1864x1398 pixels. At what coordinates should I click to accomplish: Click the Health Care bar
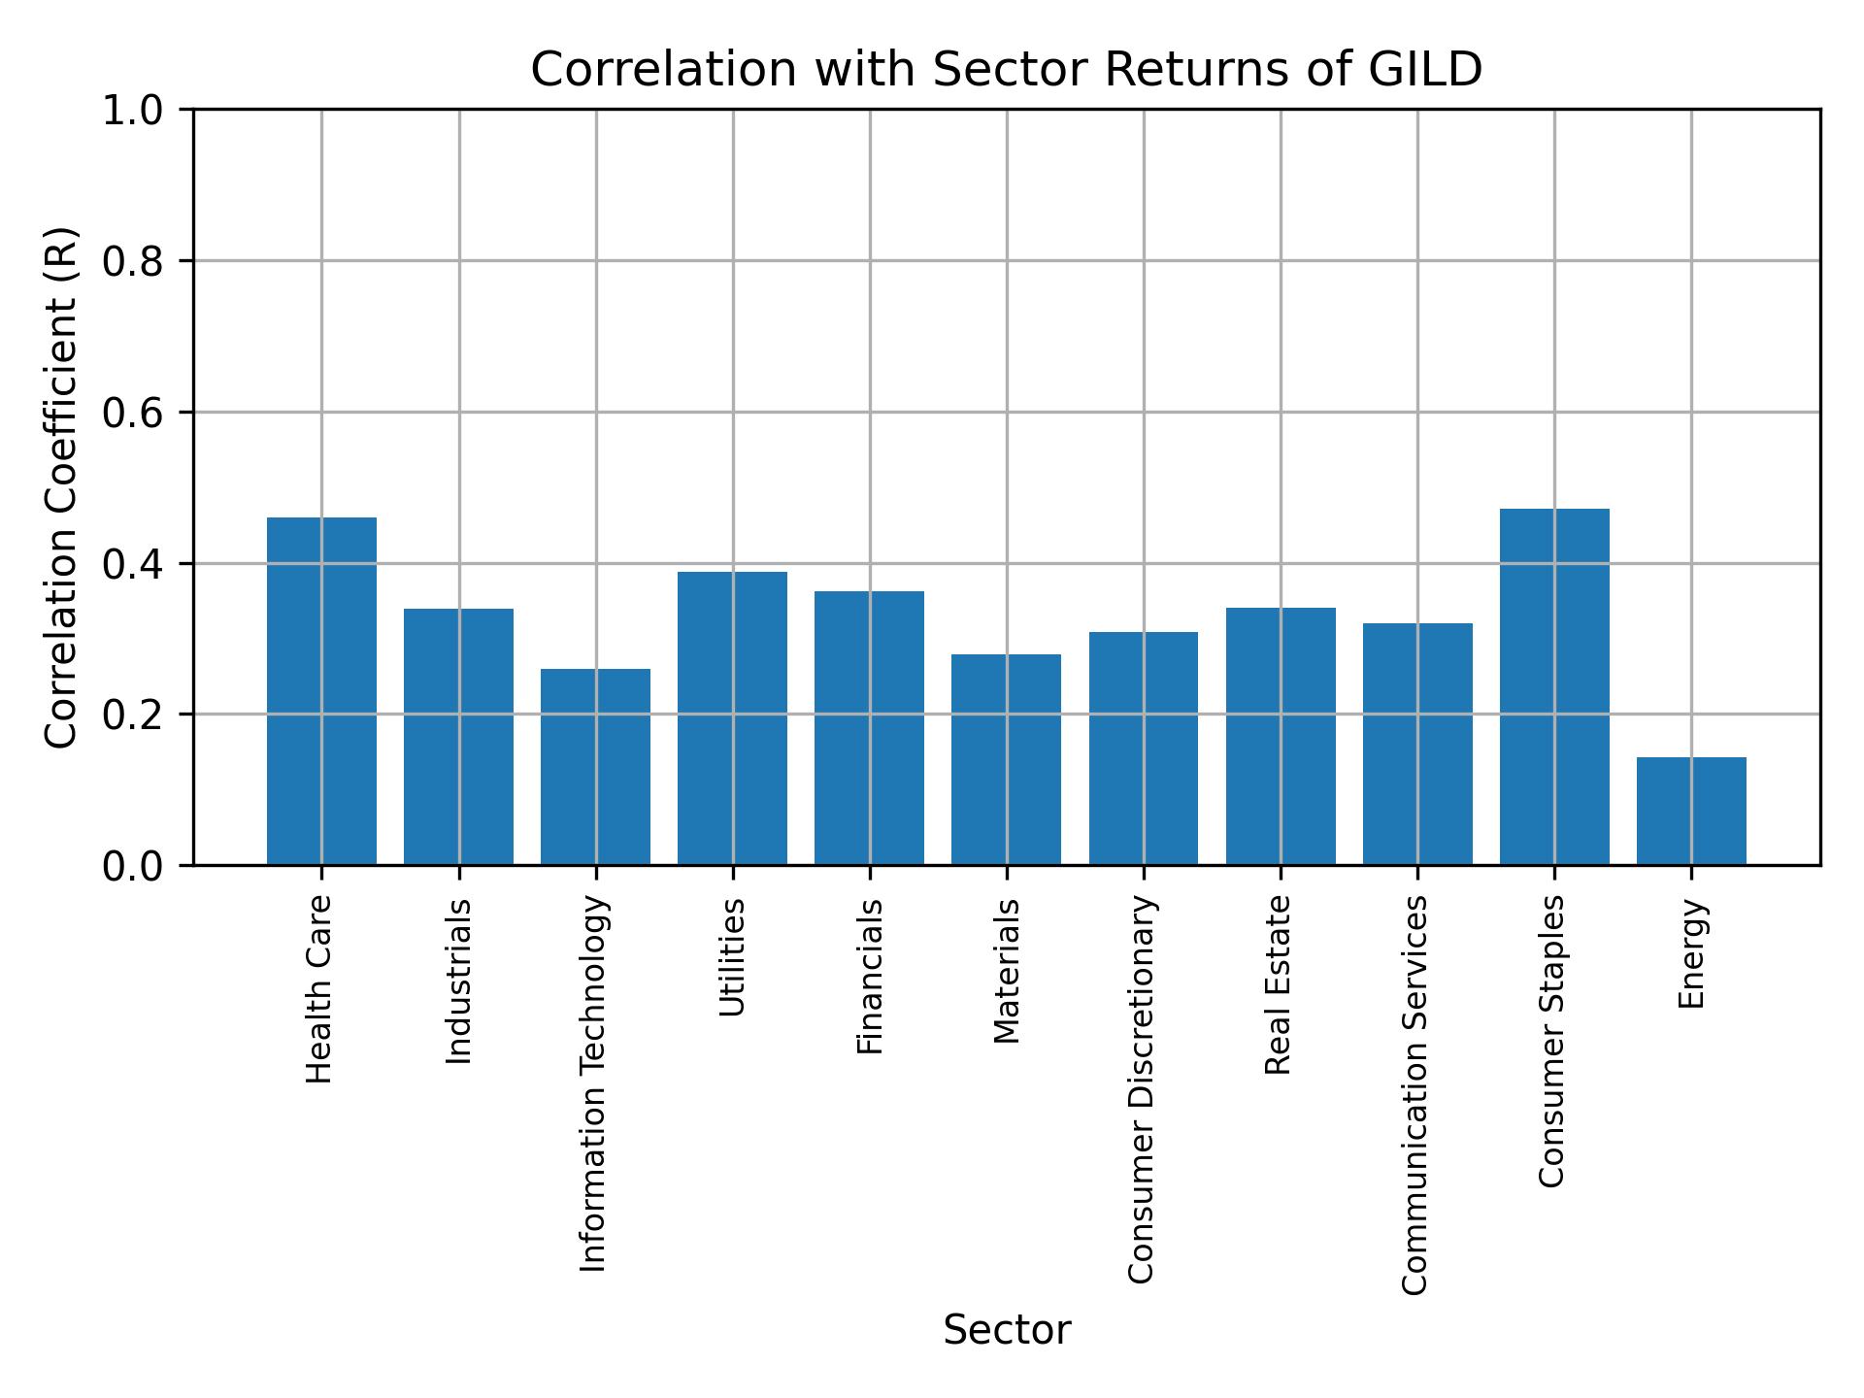[x=321, y=690]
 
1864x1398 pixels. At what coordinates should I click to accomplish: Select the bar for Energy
[x=1691, y=811]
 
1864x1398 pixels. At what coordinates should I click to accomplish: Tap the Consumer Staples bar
[x=1554, y=686]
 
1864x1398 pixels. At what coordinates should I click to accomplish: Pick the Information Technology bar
[x=595, y=766]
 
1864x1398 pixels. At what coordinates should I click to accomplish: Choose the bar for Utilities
[x=732, y=717]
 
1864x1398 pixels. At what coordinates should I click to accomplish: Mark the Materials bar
[x=1006, y=759]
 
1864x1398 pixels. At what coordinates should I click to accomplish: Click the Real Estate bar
[x=1281, y=736]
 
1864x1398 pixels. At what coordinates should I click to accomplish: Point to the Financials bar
[x=869, y=727]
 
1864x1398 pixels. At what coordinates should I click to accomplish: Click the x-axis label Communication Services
[x=1415, y=1094]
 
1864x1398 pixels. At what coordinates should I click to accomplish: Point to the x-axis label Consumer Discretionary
[x=1142, y=1089]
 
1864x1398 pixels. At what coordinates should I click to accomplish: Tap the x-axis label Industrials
[x=458, y=981]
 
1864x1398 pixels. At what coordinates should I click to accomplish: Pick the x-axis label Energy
[x=1691, y=953]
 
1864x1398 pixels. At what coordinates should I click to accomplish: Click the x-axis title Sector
[x=1007, y=1330]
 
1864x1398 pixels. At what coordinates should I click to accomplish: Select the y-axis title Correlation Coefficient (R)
[x=61, y=487]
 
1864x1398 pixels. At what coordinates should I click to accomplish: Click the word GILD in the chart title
[x=1427, y=70]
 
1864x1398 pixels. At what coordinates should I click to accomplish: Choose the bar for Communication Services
[x=1417, y=744]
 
